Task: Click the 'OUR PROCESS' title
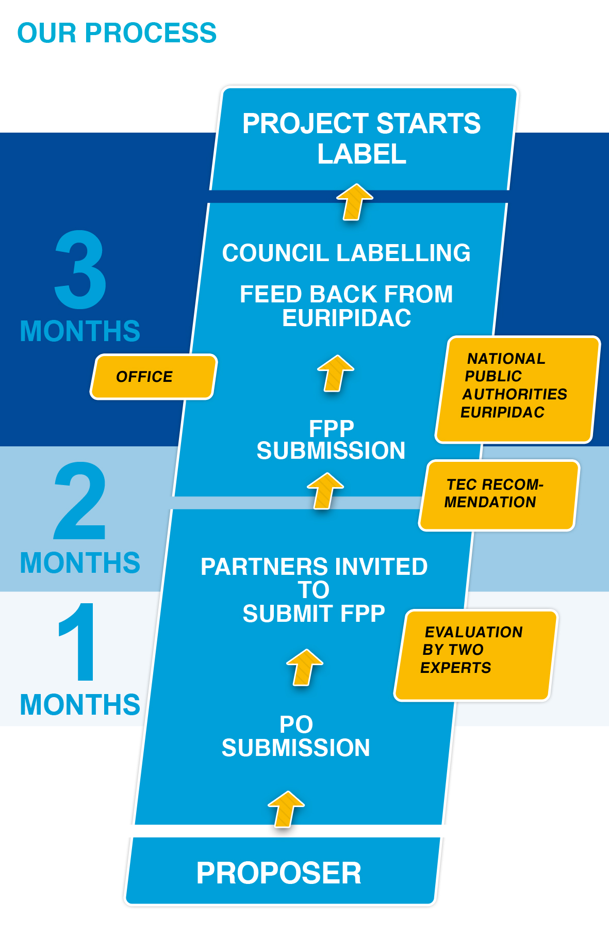click(117, 33)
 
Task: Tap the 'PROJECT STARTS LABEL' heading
click(362, 138)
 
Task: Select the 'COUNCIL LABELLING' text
click(347, 253)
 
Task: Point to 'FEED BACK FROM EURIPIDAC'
click(347, 306)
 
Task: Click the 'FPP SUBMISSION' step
click(331, 440)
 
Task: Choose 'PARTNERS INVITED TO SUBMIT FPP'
click(314, 590)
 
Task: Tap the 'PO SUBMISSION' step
click(296, 736)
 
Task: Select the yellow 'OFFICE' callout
click(154, 377)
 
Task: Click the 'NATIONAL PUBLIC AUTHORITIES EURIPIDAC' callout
click(518, 390)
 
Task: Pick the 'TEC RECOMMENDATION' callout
click(499, 495)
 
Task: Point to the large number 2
click(80, 500)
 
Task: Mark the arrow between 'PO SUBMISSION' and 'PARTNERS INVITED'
click(305, 667)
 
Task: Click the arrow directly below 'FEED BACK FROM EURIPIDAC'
click(336, 373)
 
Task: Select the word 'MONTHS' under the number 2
click(80, 562)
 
